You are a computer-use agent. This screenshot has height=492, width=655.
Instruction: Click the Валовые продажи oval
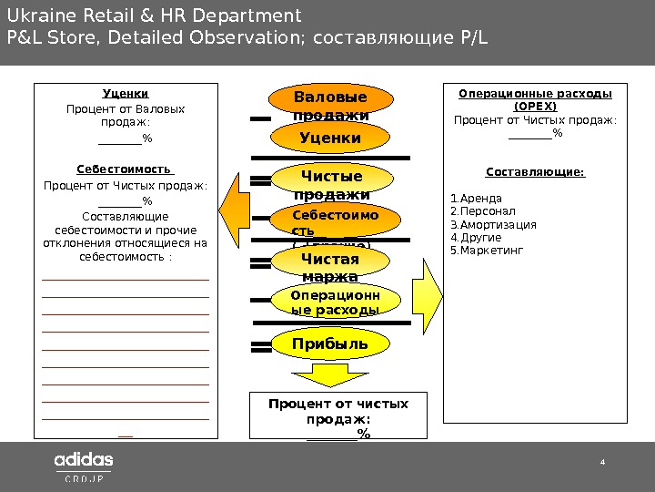(x=330, y=105)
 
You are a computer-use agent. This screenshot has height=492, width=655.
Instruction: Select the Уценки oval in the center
(x=330, y=138)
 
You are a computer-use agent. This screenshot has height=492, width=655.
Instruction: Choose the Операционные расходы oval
(x=333, y=302)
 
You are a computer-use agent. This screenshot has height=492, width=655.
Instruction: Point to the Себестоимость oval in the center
(x=333, y=223)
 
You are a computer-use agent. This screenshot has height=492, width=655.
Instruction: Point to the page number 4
(x=601, y=462)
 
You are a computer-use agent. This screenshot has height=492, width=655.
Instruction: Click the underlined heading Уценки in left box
(x=126, y=94)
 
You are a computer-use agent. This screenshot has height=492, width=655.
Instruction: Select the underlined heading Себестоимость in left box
(x=125, y=169)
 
